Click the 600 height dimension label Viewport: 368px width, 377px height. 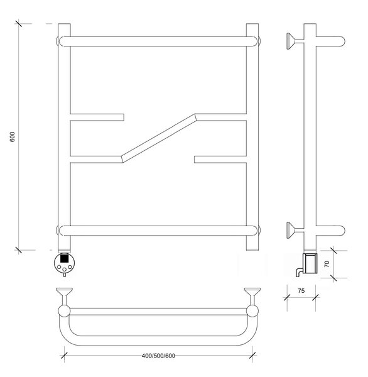tap(13, 136)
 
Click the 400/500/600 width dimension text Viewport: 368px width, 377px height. tap(158, 356)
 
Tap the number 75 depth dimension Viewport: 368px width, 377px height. tap(301, 291)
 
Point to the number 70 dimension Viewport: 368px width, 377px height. tap(327, 264)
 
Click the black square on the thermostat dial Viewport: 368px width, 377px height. tap(63, 258)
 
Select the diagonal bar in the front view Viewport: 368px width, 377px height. tap(159, 138)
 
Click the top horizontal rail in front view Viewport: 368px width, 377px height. tap(159, 41)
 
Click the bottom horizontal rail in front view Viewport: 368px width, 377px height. tap(159, 231)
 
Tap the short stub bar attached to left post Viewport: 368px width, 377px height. tap(97, 117)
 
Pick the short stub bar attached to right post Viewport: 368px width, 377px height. tap(220, 160)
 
